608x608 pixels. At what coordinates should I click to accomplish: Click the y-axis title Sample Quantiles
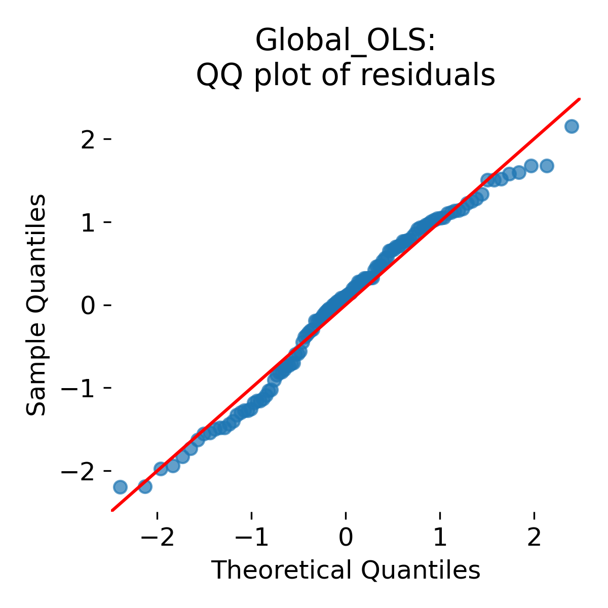[x=36, y=305]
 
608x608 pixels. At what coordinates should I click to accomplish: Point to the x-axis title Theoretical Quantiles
[x=346, y=571]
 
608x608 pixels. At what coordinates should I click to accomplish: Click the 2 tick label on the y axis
[x=89, y=139]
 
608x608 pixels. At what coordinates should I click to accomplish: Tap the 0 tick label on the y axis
[x=89, y=305]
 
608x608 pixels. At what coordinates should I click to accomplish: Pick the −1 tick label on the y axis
[x=81, y=388]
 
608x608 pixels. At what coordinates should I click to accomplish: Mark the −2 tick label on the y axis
[x=81, y=471]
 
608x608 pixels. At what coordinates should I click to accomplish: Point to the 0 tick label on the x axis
[x=346, y=538]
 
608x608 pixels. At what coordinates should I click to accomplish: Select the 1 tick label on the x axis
[x=440, y=538]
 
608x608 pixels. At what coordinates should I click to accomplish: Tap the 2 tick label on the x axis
[x=534, y=538]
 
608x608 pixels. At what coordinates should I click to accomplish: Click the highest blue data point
[x=572, y=126]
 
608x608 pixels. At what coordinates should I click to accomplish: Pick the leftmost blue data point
[x=120, y=487]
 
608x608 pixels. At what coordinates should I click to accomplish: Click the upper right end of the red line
[x=579, y=99]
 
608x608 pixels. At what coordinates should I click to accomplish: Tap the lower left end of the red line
[x=112, y=510]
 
